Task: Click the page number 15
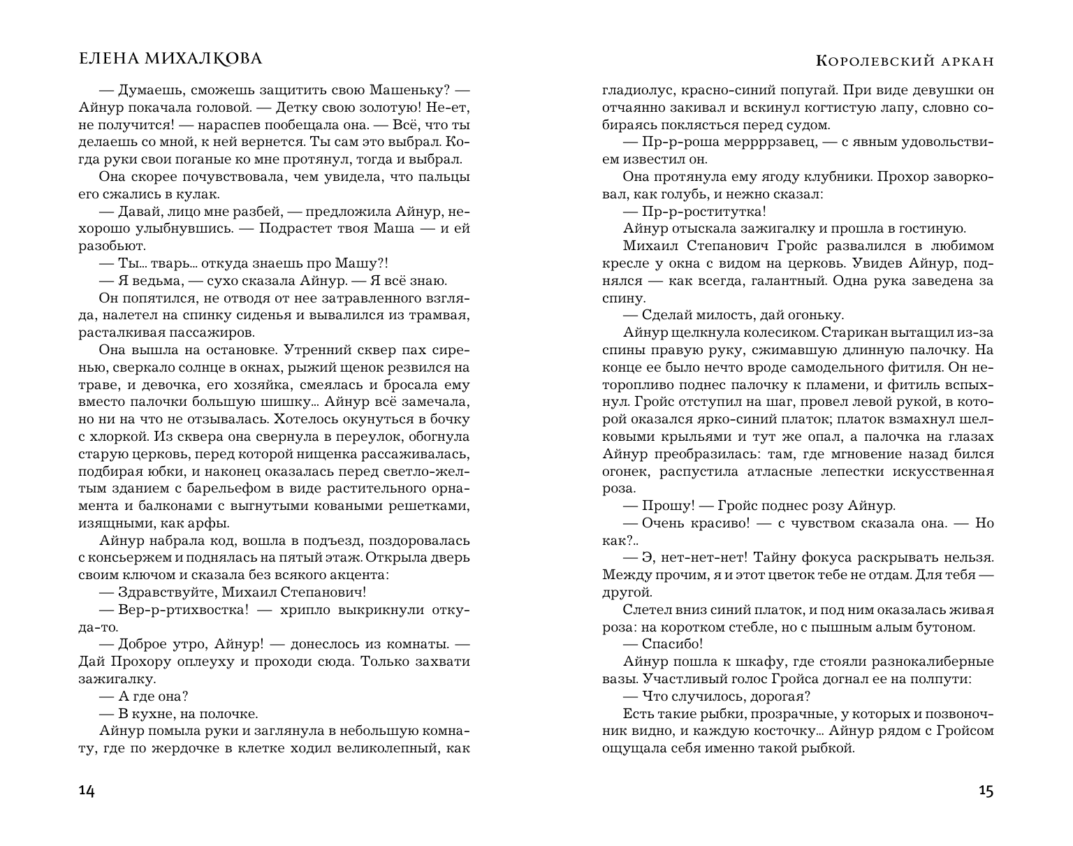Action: click(x=986, y=791)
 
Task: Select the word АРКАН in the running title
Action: click(x=965, y=61)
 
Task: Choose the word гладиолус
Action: click(x=636, y=90)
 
